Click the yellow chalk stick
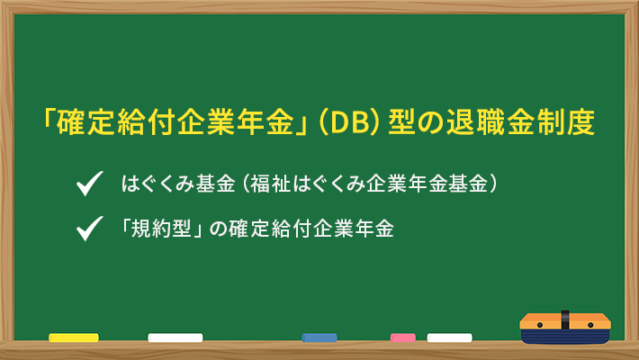74,337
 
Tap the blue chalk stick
319,337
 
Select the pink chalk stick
403,337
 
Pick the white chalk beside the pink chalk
449,337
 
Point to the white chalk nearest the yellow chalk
175,337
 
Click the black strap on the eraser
565,320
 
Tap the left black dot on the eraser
540,325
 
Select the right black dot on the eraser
590,325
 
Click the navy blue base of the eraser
565,336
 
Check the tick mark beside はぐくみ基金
89,184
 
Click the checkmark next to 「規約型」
89,229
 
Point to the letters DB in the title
350,122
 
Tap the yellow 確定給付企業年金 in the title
175,121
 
